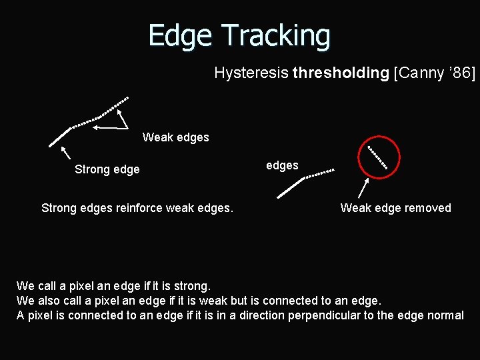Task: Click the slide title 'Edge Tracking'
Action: pyautogui.click(x=239, y=35)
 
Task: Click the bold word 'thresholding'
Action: pyautogui.click(x=340, y=73)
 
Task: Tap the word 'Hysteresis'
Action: pyautogui.click(x=251, y=73)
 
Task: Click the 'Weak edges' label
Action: pyautogui.click(x=175, y=137)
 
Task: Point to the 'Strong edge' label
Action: pyautogui.click(x=107, y=169)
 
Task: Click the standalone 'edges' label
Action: pyautogui.click(x=282, y=165)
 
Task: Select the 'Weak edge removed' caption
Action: pyautogui.click(x=395, y=208)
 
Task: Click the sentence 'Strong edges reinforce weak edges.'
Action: pyautogui.click(x=137, y=208)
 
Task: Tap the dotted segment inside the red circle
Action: pyautogui.click(x=377, y=157)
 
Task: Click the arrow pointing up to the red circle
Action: pyautogui.click(x=363, y=189)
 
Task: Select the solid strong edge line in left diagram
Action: pyautogui.click(x=60, y=136)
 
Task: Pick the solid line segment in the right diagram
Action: pyautogui.click(x=290, y=188)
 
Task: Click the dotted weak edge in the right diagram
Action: pyautogui.click(x=319, y=174)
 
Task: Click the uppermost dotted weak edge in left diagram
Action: pyautogui.click(x=115, y=105)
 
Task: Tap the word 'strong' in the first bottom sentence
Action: pyautogui.click(x=193, y=286)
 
